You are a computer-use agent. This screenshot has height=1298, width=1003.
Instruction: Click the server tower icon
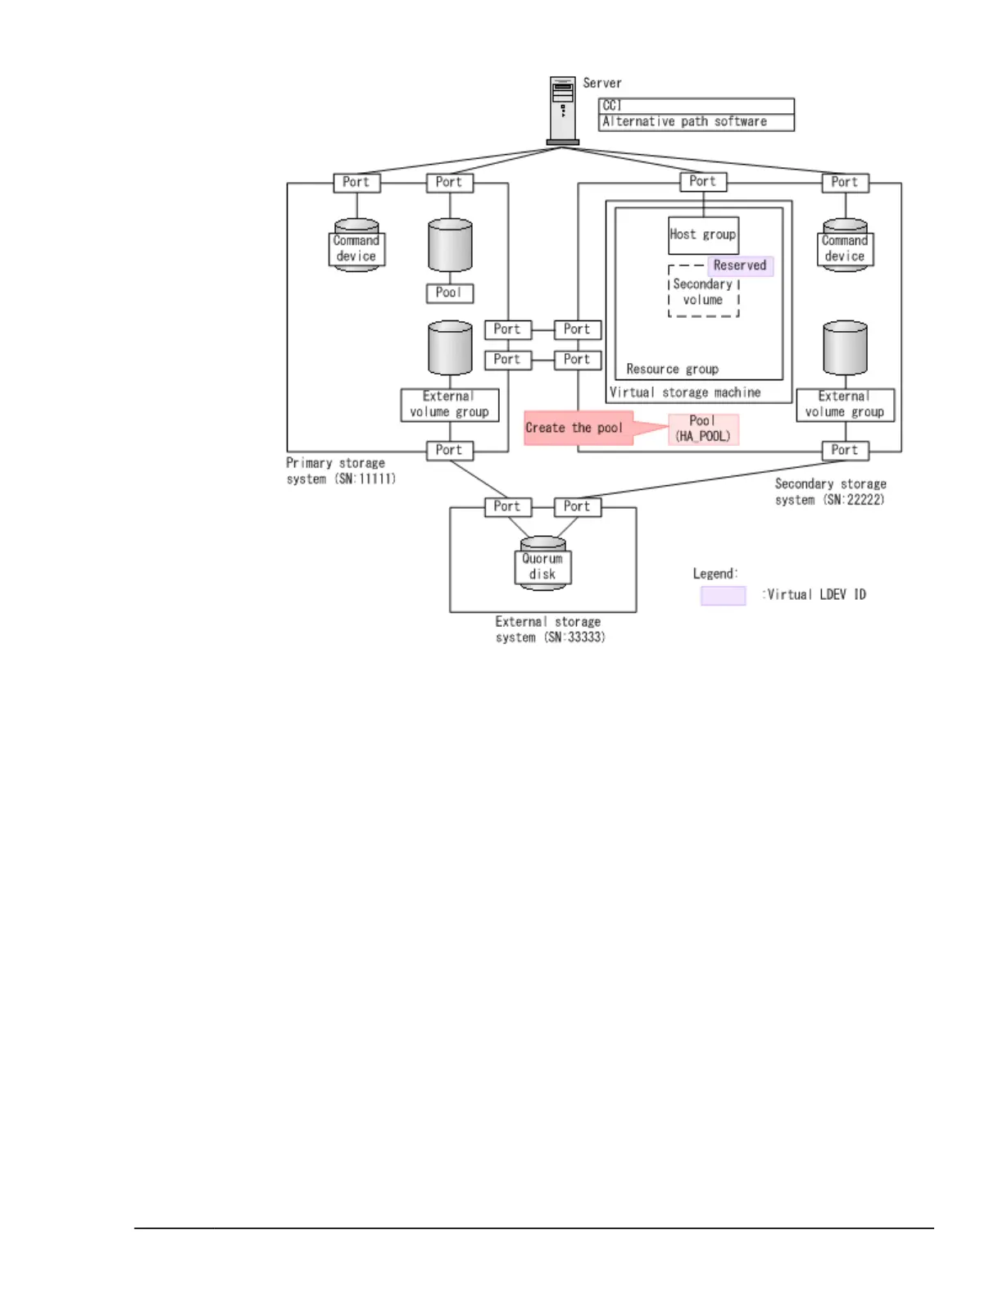[563, 110]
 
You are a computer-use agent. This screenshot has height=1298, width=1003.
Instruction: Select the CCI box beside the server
[696, 106]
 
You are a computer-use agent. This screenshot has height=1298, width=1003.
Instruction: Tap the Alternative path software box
[696, 122]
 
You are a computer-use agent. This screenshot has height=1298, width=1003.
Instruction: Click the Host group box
[703, 235]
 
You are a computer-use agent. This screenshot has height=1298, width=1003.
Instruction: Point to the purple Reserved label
[740, 265]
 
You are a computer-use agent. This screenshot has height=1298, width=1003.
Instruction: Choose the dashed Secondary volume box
[703, 293]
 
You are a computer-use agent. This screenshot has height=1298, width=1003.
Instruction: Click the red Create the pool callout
[578, 428]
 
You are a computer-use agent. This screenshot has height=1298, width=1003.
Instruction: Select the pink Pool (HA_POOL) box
[703, 429]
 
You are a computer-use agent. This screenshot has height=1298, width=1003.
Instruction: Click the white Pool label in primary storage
[449, 293]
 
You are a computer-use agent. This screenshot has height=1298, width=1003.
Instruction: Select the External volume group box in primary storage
[449, 405]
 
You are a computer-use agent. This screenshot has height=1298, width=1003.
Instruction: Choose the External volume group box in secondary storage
[845, 405]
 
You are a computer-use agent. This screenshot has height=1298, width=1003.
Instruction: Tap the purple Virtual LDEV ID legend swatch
[723, 596]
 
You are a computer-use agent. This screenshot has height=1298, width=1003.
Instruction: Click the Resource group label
[672, 370]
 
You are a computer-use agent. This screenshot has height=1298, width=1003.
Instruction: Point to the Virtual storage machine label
[685, 393]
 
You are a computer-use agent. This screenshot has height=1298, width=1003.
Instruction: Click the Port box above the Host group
[703, 182]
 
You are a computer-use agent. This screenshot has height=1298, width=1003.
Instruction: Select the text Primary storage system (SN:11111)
[340, 471]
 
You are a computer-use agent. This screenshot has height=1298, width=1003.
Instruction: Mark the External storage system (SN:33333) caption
[549, 629]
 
